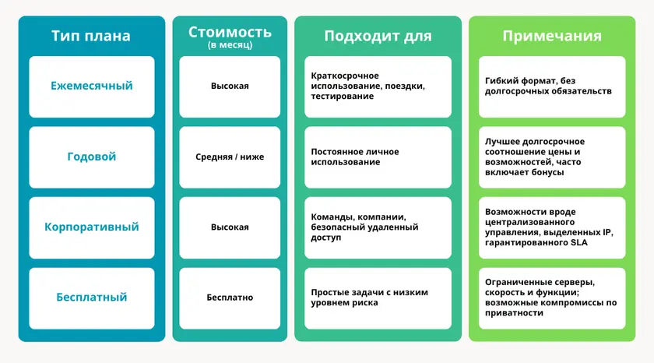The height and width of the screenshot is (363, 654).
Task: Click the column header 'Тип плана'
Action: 91,36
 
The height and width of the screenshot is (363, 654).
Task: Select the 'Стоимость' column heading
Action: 230,32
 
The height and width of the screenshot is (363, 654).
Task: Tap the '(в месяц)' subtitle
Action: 230,45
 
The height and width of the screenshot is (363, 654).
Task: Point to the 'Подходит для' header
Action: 378,36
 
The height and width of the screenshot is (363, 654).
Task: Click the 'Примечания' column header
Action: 552,36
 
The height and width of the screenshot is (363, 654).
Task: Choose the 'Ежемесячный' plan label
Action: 92,86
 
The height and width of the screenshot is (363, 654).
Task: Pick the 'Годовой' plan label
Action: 92,157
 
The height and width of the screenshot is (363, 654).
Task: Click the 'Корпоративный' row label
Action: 92,227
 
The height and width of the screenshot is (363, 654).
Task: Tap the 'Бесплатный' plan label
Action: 92,298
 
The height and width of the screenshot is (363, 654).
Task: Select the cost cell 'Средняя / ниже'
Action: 230,157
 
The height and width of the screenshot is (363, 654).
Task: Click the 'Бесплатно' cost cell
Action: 230,298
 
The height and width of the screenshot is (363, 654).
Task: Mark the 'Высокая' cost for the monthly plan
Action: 230,86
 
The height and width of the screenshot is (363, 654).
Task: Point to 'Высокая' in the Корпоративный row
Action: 230,227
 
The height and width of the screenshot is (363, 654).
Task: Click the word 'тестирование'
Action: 343,97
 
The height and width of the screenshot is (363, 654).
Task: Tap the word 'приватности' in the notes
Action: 512,313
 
